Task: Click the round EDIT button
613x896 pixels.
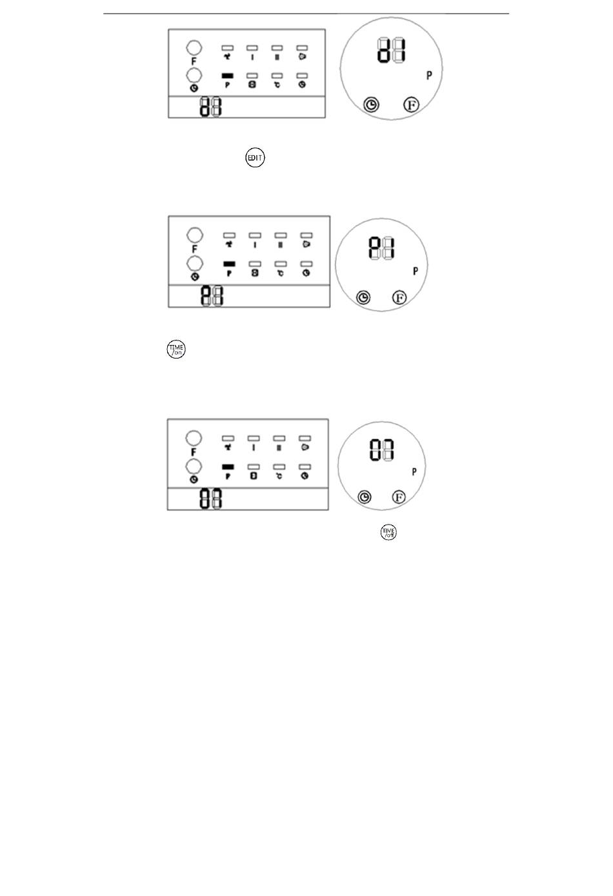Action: (255, 158)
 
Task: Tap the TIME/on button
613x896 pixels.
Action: (176, 349)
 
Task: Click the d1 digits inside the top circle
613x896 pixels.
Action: (391, 50)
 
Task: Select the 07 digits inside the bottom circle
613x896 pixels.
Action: (381, 450)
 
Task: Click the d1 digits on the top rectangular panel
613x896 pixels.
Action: (210, 107)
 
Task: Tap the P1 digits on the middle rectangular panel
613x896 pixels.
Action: (212, 296)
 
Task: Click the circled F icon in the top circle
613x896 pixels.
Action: (411, 105)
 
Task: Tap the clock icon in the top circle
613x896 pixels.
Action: (371, 105)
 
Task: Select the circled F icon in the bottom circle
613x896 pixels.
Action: (399, 497)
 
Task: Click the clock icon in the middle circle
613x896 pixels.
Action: (364, 297)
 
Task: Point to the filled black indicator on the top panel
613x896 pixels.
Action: (227, 76)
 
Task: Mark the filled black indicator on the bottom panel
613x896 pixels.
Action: (227, 466)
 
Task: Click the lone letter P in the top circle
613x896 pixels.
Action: (429, 76)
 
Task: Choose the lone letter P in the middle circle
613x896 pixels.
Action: (415, 271)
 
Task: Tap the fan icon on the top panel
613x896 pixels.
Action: (227, 57)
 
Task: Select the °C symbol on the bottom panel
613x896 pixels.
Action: (279, 476)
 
